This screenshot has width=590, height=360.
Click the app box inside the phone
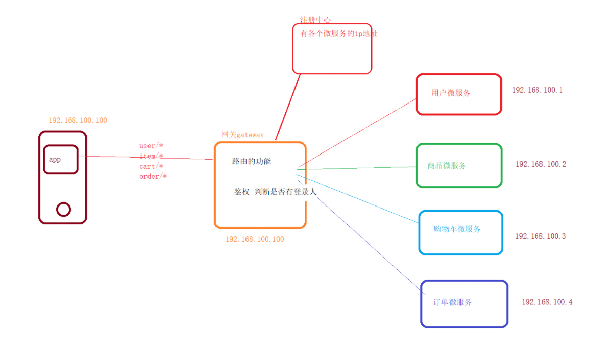coord(61,160)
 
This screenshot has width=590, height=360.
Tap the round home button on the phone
coord(63,209)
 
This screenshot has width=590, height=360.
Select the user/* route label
coord(151,146)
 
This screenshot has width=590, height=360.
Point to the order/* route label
coord(153,176)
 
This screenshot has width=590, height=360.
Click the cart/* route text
coord(151,166)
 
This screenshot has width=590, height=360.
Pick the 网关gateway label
coord(242,134)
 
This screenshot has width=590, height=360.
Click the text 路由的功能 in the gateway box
coord(252,161)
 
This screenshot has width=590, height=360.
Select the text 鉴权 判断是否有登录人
coord(275,192)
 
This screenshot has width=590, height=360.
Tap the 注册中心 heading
coord(315,20)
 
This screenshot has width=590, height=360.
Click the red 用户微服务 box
coord(459,94)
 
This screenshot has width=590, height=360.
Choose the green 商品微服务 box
coord(459,166)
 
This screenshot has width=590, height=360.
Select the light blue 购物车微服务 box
coord(460,232)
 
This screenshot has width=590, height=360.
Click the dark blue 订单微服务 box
coord(464,304)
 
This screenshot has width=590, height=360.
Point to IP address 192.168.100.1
coord(537,90)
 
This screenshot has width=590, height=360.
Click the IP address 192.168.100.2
coord(541,164)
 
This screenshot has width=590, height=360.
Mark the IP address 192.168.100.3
coord(540,236)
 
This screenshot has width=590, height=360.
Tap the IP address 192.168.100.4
coord(547,302)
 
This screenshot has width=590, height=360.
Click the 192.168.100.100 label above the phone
coord(78,120)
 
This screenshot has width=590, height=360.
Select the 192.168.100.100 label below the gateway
coord(255,239)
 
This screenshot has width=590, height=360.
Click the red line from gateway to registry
coord(288,107)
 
